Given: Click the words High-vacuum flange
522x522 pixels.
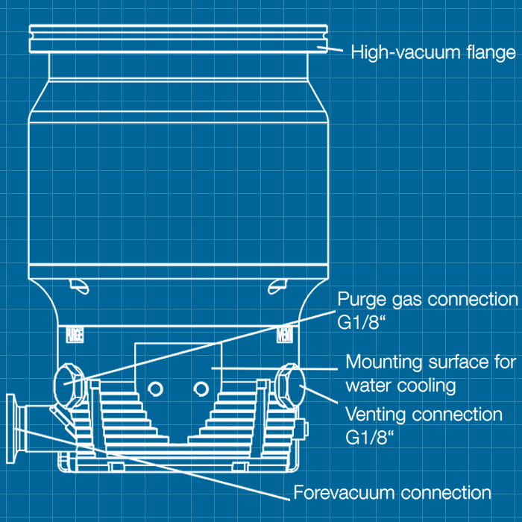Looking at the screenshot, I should [433, 53].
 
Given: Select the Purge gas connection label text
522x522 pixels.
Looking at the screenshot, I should [427, 300].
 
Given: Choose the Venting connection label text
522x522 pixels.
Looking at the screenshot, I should [424, 414].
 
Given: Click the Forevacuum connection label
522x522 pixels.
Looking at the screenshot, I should [392, 493].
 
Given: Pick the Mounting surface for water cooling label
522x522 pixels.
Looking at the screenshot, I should [430, 374].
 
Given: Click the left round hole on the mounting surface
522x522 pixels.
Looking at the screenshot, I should [155, 388].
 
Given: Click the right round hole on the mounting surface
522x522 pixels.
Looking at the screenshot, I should [200, 388].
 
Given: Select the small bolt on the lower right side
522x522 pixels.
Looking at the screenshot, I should [301, 430].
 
